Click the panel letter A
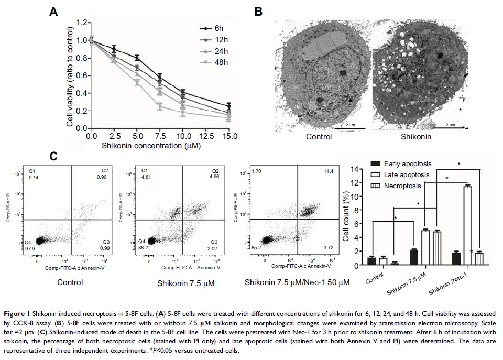pyautogui.click(x=53, y=12)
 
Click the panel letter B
pyautogui.click(x=258, y=12)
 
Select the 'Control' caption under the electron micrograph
pyautogui.click(x=319, y=137)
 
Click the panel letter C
pyautogui.click(x=53, y=157)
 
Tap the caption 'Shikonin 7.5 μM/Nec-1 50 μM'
pyautogui.click(x=297, y=282)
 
